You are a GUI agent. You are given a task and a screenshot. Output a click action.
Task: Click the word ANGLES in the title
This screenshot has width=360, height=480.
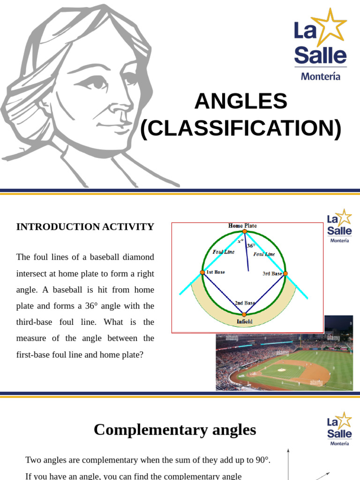coord(240,101)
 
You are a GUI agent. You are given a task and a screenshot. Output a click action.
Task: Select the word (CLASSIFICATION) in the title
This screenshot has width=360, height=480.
coord(241,129)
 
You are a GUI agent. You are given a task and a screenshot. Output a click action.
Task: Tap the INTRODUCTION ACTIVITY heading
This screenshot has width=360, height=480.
coord(85,227)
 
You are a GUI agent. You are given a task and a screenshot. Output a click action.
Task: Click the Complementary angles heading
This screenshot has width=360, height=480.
coord(175,430)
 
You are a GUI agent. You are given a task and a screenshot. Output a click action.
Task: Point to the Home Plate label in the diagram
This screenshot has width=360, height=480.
coord(242,225)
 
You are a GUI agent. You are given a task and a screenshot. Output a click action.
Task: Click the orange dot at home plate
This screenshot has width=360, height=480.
coord(244,231)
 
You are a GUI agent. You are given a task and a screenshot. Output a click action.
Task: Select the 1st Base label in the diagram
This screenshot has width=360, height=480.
coord(215,272)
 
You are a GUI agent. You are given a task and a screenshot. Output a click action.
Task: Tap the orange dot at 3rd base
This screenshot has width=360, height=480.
coord(285,273)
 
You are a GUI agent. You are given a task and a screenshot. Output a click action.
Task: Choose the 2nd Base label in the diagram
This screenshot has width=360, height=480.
coord(244,303)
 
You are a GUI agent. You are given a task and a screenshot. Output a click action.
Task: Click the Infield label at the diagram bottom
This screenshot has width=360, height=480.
coord(244,322)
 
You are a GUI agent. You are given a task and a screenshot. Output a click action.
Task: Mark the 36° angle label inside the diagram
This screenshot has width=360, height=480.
coord(251,246)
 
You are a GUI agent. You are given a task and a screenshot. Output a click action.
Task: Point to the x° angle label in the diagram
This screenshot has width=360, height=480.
coord(240,241)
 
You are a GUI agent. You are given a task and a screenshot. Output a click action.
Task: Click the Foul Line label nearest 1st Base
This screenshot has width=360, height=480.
coord(223,252)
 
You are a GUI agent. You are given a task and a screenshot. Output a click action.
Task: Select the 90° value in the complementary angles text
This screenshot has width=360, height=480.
coord(262,460)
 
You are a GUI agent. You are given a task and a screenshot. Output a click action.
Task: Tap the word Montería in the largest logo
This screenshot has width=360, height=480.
coord(321,76)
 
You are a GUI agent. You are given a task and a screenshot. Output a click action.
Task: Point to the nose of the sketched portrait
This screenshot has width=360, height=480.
coord(118,105)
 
